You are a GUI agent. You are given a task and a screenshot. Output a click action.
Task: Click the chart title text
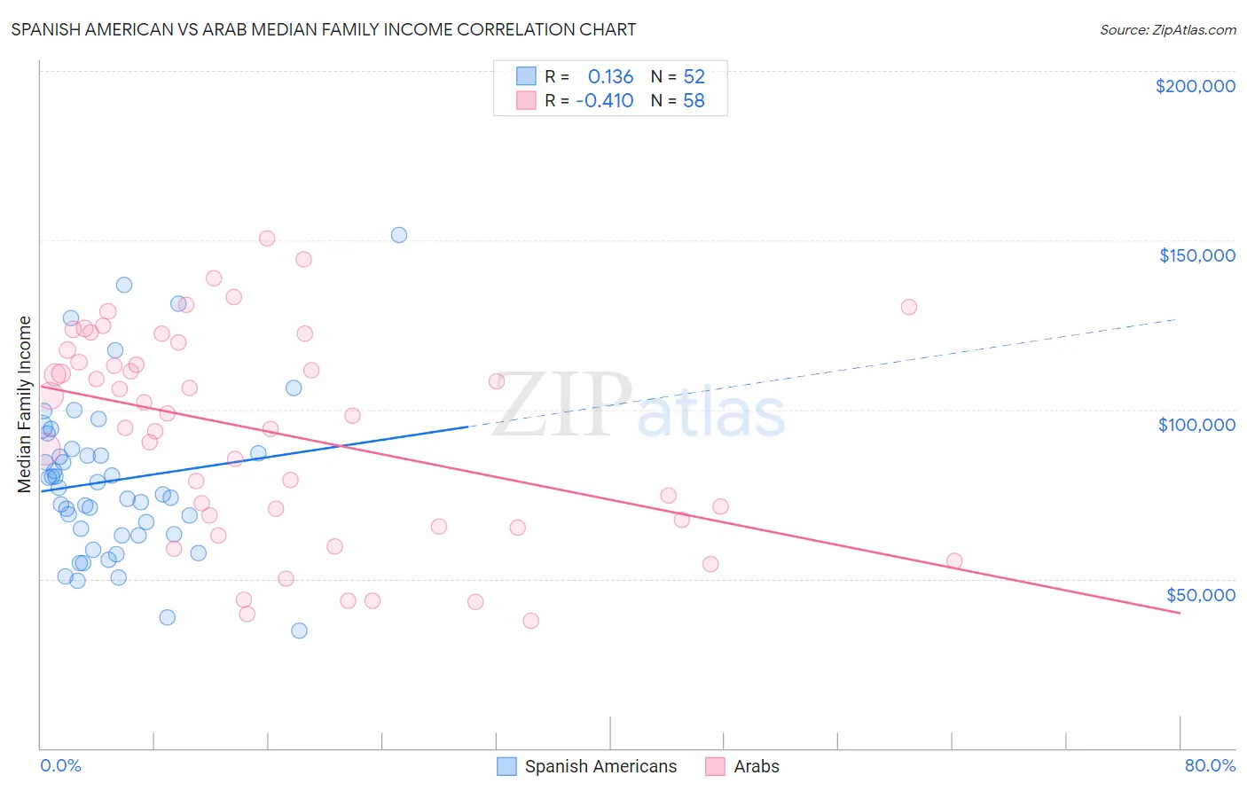tap(324, 29)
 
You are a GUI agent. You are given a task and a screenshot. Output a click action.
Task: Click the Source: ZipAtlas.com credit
tap(1167, 30)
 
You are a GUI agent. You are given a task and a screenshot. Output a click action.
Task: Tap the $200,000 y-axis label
tap(1195, 86)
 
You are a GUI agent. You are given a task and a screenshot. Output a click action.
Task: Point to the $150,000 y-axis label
tap(1196, 255)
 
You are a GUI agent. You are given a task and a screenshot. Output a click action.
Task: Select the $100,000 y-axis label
tap(1196, 425)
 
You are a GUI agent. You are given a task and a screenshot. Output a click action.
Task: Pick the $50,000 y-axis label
tap(1200, 594)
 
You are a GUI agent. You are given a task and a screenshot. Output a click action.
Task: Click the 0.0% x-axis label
tap(60, 765)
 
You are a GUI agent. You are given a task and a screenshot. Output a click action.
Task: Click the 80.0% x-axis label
tap(1210, 765)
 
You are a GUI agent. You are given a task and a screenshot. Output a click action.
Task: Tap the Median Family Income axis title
tap(25, 404)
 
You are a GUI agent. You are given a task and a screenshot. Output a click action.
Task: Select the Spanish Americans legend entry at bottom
tap(600, 766)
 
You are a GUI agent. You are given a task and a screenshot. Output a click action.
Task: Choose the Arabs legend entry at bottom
tap(756, 766)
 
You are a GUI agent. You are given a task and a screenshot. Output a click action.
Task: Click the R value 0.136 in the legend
tap(610, 77)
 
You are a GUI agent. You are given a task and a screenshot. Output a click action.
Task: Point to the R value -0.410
tap(604, 101)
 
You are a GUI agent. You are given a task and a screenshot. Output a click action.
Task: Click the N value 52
tap(694, 77)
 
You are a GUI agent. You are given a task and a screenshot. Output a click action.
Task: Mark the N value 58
tap(694, 101)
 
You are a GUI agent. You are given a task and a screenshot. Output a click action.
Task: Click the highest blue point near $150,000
tap(399, 235)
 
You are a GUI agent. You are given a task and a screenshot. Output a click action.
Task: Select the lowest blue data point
tap(299, 630)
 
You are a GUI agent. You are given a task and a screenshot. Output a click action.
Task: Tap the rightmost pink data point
tap(954, 560)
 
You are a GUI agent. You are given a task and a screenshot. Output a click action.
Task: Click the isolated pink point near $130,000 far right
tap(908, 307)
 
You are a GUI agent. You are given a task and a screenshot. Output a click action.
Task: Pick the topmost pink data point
tap(267, 238)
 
